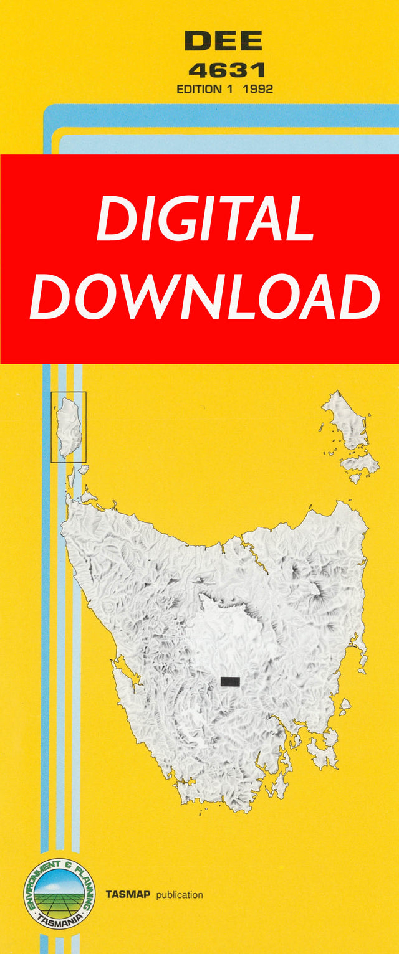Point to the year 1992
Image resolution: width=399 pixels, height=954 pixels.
258,89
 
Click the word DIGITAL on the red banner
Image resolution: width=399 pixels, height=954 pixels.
204,219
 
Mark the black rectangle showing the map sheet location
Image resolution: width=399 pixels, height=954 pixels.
230,681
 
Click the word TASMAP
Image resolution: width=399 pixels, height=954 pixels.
128,895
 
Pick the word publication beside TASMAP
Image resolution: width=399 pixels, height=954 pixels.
180,895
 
